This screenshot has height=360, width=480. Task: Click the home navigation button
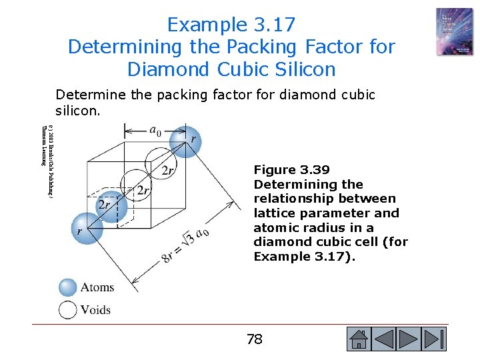click(x=359, y=339)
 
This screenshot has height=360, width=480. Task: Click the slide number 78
click(x=254, y=339)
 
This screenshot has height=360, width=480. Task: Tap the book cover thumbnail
click(x=455, y=31)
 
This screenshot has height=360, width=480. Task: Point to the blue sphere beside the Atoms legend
click(x=68, y=287)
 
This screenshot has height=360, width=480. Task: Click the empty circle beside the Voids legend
click(x=68, y=310)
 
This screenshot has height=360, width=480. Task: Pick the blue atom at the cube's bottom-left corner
click(x=83, y=227)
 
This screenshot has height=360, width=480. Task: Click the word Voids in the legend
click(x=95, y=310)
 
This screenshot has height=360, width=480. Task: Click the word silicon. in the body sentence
click(x=78, y=110)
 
